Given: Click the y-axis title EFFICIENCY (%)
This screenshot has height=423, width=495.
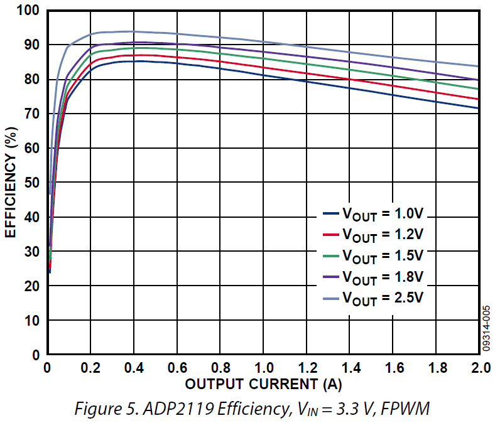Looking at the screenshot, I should (11, 183).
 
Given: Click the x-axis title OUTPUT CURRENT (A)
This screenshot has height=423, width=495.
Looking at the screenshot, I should (264, 383).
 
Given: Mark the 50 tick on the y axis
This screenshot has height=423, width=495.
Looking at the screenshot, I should (32, 183).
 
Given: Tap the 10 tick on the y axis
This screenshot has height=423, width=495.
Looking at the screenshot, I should (32, 321).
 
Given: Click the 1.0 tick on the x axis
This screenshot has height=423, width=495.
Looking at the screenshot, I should (264, 367).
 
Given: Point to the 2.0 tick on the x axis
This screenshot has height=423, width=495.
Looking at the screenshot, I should (479, 367).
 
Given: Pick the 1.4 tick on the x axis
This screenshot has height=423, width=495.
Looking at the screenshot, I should (350, 367).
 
